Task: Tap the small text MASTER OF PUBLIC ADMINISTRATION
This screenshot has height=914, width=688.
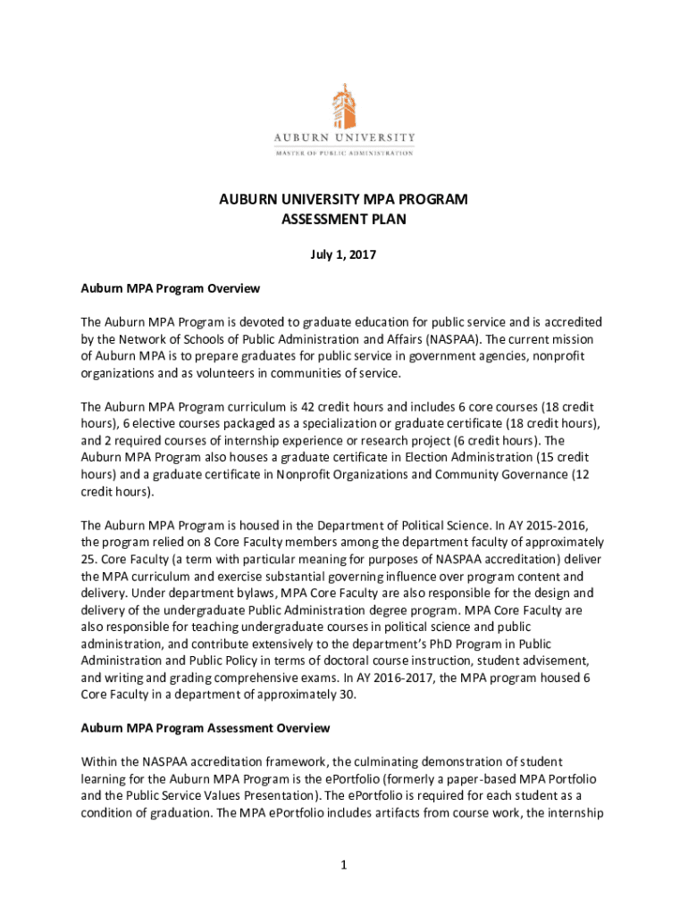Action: pyautogui.click(x=344, y=153)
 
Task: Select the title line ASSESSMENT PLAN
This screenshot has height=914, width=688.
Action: pyautogui.click(x=344, y=219)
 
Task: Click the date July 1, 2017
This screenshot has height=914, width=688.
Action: pyautogui.click(x=344, y=255)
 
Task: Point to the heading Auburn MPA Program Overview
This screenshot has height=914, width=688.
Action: pyautogui.click(x=170, y=288)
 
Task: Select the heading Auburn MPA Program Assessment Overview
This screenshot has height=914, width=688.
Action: pyautogui.click(x=206, y=728)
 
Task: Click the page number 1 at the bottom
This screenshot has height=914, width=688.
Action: pyautogui.click(x=344, y=865)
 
